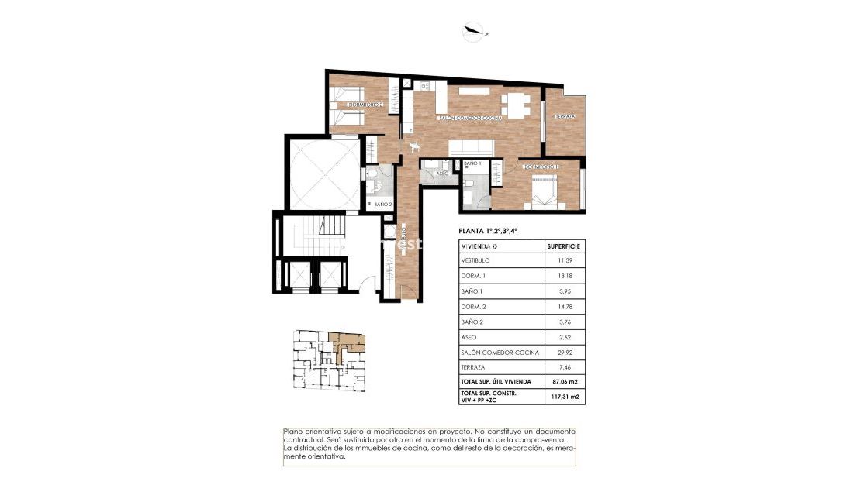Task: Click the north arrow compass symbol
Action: [470, 32]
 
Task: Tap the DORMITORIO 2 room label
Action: [365, 105]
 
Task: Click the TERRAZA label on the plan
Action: [564, 117]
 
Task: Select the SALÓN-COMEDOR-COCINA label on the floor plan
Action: [470, 118]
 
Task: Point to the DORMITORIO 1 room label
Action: [541, 167]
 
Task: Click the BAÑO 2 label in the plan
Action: [382, 205]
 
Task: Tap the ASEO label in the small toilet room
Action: [444, 174]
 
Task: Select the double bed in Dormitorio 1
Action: [546, 190]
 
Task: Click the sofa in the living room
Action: [473, 147]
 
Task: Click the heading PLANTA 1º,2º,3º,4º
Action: [488, 230]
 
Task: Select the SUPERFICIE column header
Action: [563, 246]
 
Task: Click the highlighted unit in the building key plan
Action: [345, 342]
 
